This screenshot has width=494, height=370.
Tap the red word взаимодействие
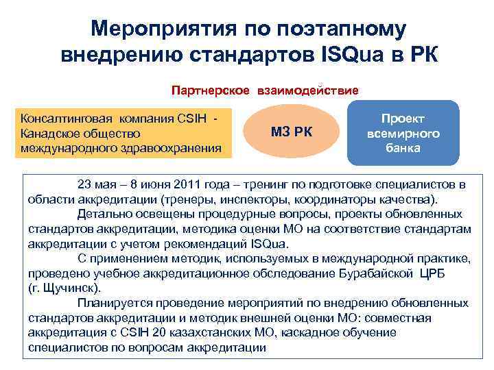pyautogui.click(x=308, y=90)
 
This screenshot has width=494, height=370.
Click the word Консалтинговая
pyautogui.click(x=62, y=119)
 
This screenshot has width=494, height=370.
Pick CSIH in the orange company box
pyautogui.click(x=190, y=119)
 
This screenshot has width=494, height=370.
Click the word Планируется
pyautogui.click(x=113, y=303)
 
